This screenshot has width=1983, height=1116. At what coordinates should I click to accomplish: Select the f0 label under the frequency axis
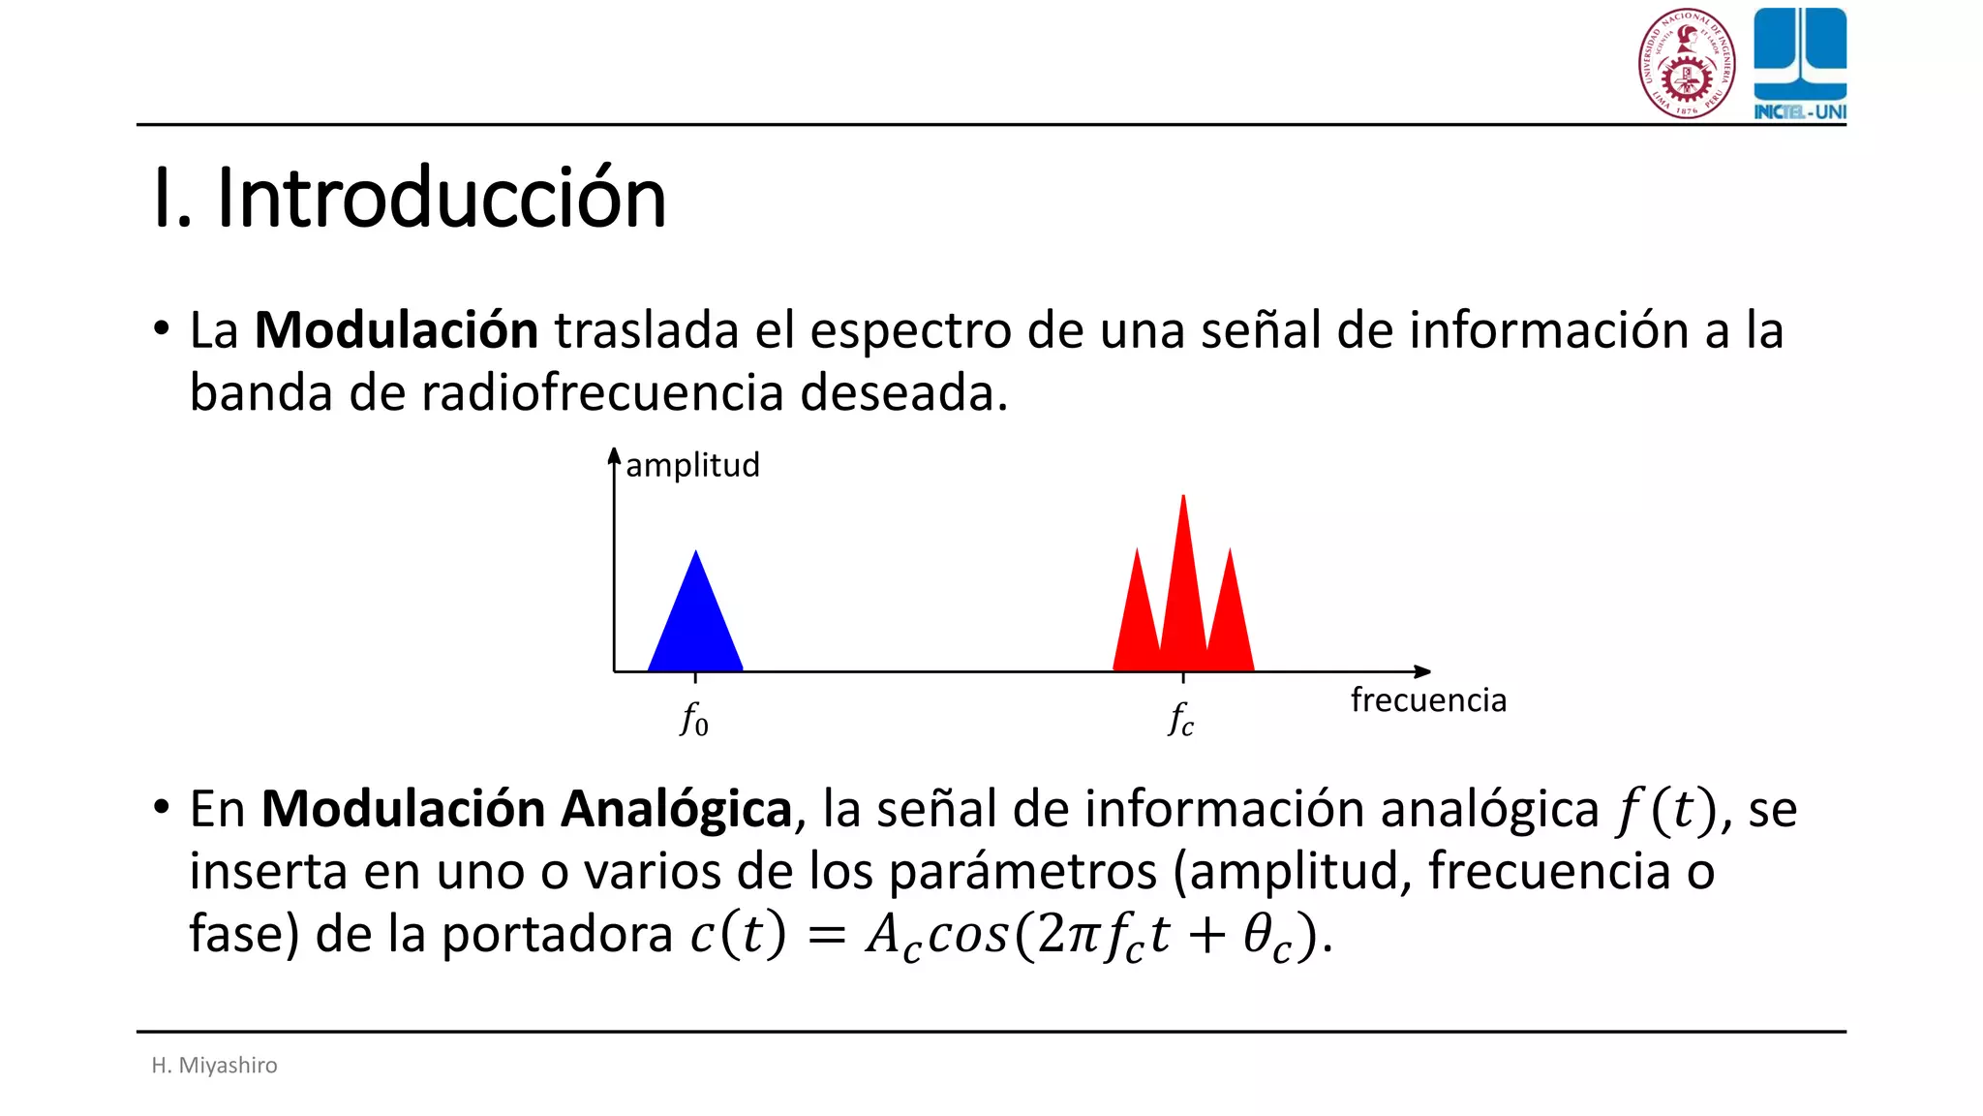pos(694,720)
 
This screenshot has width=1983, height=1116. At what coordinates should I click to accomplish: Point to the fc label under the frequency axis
pos(1181,720)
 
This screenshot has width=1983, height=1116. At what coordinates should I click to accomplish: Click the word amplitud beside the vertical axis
pos(692,465)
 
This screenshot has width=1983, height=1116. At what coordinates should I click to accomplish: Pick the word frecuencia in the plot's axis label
pos(1428,699)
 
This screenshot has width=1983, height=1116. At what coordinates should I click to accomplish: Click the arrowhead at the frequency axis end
pos(1422,671)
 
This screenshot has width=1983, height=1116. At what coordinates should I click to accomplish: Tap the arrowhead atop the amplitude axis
pos(614,455)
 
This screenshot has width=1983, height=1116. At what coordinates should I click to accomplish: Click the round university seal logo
pos(1687,64)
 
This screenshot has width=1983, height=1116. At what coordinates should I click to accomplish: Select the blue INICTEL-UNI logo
pos(1800,64)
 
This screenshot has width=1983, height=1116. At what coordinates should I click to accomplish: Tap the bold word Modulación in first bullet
pos(396,330)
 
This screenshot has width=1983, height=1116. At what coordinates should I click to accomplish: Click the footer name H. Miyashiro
pos(215,1065)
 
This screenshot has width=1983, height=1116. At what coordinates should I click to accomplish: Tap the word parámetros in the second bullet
pos(1022,872)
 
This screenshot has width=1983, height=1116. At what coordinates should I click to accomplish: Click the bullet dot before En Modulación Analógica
pos(162,806)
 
